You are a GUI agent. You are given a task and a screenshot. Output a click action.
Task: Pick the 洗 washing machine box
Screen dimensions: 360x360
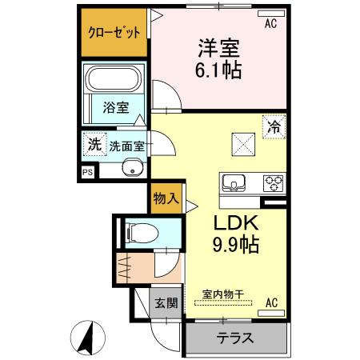[94, 146]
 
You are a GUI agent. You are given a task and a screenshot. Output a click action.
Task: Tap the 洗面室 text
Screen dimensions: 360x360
[126, 146]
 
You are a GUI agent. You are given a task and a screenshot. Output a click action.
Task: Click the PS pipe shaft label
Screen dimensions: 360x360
[86, 171]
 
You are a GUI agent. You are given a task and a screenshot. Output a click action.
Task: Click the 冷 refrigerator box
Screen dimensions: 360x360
[274, 125]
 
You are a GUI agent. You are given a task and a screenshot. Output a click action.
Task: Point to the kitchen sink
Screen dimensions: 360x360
[234, 183]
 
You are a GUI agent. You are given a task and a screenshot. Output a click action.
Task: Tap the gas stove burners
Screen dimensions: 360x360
[274, 183]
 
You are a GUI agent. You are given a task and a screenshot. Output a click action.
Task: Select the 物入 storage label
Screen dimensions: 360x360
[166, 198]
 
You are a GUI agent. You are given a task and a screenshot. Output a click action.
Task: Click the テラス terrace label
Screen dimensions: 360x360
[235, 338]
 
